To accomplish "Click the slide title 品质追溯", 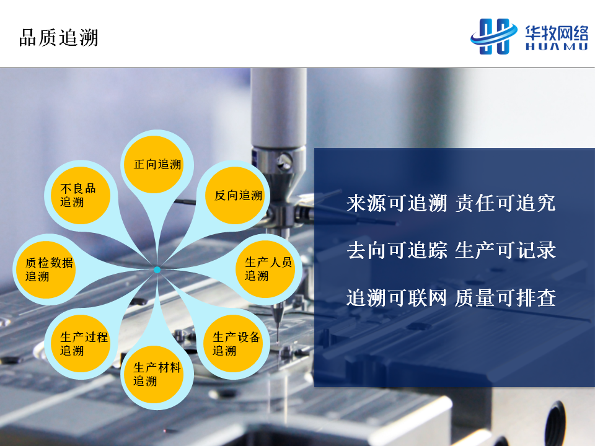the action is click(59, 38).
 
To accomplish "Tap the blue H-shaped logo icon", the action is click(494, 37).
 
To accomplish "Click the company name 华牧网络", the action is click(557, 33).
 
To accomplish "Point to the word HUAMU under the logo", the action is click(557, 46).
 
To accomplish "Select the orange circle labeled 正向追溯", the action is click(154, 165).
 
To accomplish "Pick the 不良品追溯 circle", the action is click(81, 195).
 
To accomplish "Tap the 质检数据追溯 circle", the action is click(46, 269).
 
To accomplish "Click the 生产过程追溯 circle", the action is click(81, 344).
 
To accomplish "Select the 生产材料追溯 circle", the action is click(154, 375).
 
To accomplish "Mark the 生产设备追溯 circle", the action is click(233, 344).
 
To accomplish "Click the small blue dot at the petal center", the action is click(157, 270).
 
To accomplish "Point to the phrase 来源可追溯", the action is click(397, 203).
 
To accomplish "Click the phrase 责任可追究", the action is click(506, 203).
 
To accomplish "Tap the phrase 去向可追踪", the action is click(397, 250).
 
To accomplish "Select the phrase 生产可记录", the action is click(506, 250).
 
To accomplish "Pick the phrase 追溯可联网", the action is click(397, 298).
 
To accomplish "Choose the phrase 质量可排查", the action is click(506, 298).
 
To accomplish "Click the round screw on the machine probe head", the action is click(284, 161).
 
